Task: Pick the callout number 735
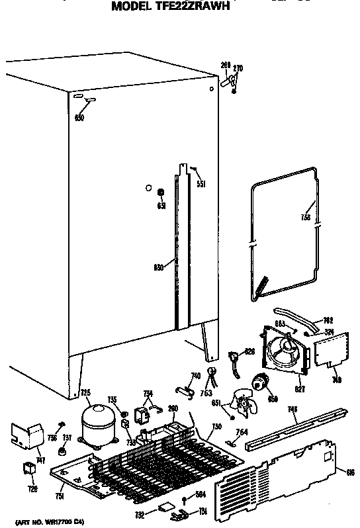coord(112,399)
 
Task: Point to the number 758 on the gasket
coord(306,216)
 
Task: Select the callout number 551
coord(200,185)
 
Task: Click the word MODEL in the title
coord(132,7)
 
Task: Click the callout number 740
coord(195,376)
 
